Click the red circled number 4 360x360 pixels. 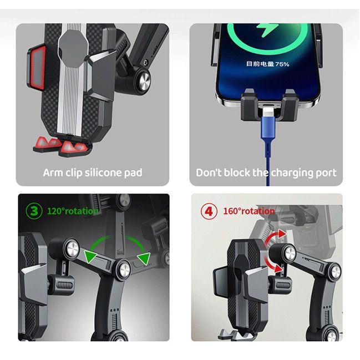click(x=209, y=211)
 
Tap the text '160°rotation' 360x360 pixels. click(x=250, y=211)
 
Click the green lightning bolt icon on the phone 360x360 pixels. click(x=265, y=32)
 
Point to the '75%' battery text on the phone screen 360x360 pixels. click(x=281, y=64)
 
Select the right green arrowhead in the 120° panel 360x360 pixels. click(x=145, y=257)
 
